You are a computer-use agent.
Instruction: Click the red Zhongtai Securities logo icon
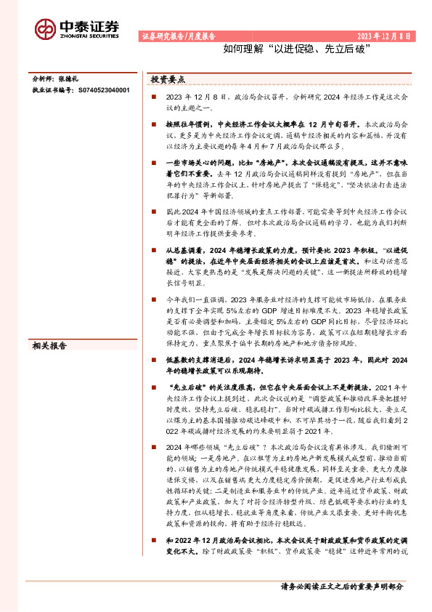(x=46, y=28)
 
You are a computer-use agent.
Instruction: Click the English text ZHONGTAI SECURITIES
(x=90, y=34)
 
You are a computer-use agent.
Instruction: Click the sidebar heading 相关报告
(x=51, y=346)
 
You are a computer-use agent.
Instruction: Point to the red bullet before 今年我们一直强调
(x=153, y=299)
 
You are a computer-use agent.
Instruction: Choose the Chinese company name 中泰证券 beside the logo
(x=90, y=23)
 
